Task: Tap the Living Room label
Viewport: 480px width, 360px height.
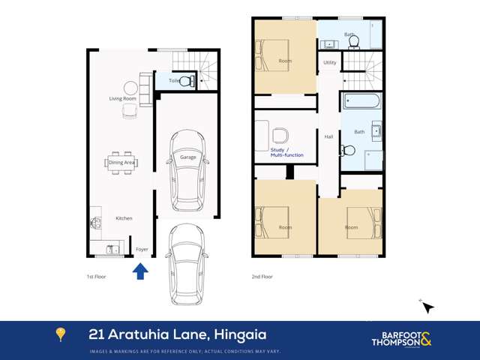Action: (x=122, y=98)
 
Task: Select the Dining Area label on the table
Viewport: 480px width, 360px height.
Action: (x=122, y=162)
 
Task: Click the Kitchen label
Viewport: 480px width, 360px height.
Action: (x=124, y=218)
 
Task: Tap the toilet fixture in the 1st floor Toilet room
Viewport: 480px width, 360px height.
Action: (x=187, y=81)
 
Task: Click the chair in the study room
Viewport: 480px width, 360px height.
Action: (x=280, y=136)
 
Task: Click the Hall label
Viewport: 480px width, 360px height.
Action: (x=328, y=136)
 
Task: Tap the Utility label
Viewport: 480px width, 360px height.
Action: (x=330, y=62)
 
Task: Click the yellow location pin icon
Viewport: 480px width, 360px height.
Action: (x=61, y=334)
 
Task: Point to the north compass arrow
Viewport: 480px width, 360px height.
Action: (x=427, y=307)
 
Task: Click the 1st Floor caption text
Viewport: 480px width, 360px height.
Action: (x=96, y=277)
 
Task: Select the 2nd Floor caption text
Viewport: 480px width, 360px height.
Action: (x=262, y=277)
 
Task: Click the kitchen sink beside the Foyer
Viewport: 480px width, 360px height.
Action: (x=112, y=249)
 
